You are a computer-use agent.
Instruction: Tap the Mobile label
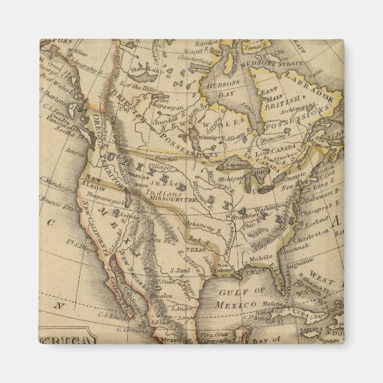pyautogui.click(x=258, y=259)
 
